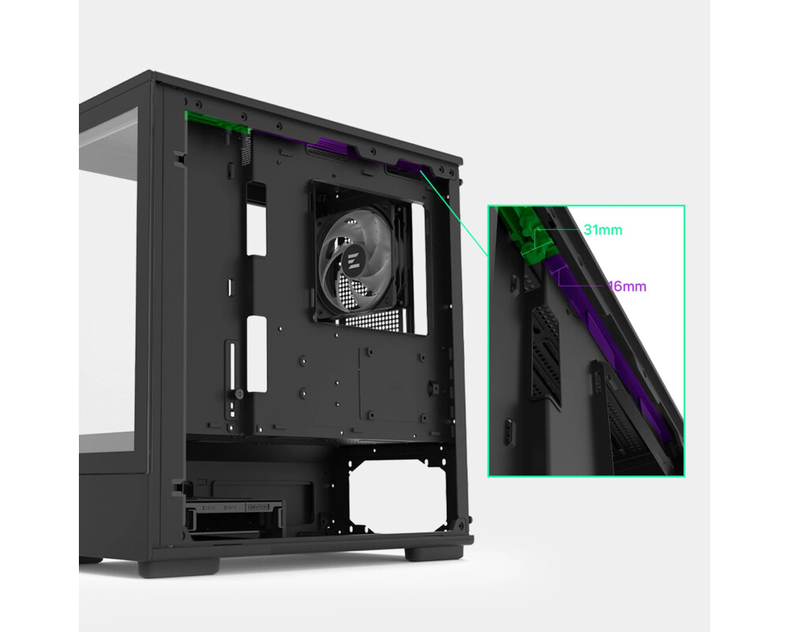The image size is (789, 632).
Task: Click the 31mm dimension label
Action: (x=603, y=230)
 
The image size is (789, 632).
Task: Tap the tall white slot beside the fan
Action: (x=419, y=269)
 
